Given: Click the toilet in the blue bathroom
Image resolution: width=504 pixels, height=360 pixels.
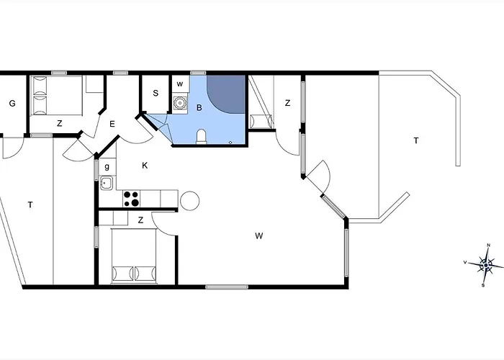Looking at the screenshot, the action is pyautogui.click(x=201, y=136).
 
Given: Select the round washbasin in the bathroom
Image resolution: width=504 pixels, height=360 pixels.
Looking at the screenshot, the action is pyautogui.click(x=180, y=103).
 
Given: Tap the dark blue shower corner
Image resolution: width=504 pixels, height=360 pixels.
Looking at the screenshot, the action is pyautogui.click(x=226, y=94).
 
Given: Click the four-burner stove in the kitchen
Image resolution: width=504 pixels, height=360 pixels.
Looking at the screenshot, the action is pyautogui.click(x=132, y=199).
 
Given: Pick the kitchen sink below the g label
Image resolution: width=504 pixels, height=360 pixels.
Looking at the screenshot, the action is pyautogui.click(x=107, y=183).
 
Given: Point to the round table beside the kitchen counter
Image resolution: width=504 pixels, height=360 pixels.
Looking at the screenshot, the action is pyautogui.click(x=189, y=201).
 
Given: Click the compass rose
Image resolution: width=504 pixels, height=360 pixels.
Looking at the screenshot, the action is pyautogui.click(x=486, y=265).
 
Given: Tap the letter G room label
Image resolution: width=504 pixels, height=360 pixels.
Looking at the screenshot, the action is pyautogui.click(x=12, y=104).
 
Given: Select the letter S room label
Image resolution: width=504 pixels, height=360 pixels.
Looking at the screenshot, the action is pyautogui.click(x=156, y=93).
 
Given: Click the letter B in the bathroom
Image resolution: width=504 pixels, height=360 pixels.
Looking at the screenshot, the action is pyautogui.click(x=199, y=108).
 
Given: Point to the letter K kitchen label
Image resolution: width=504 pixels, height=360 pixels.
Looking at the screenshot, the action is pyautogui.click(x=145, y=166).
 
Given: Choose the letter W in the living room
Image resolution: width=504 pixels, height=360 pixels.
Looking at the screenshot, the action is pyautogui.click(x=259, y=236).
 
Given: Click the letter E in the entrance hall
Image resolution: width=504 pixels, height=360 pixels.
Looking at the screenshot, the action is pyautogui.click(x=112, y=124).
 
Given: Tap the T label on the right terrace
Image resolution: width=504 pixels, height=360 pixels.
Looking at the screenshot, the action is pyautogui.click(x=416, y=140).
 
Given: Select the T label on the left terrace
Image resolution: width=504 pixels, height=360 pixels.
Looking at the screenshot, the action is pyautogui.click(x=30, y=204).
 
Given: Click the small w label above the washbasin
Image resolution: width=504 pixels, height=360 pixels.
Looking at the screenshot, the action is pyautogui.click(x=180, y=84).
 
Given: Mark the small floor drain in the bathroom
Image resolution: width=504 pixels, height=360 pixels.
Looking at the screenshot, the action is pyautogui.click(x=230, y=142).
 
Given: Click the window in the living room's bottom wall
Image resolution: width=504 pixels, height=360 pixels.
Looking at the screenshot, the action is pyautogui.click(x=227, y=287).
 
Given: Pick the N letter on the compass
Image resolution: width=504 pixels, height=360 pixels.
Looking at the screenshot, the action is pyautogui.click(x=489, y=246).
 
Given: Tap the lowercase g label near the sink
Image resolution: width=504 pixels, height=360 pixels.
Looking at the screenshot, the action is pyautogui.click(x=107, y=166).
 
